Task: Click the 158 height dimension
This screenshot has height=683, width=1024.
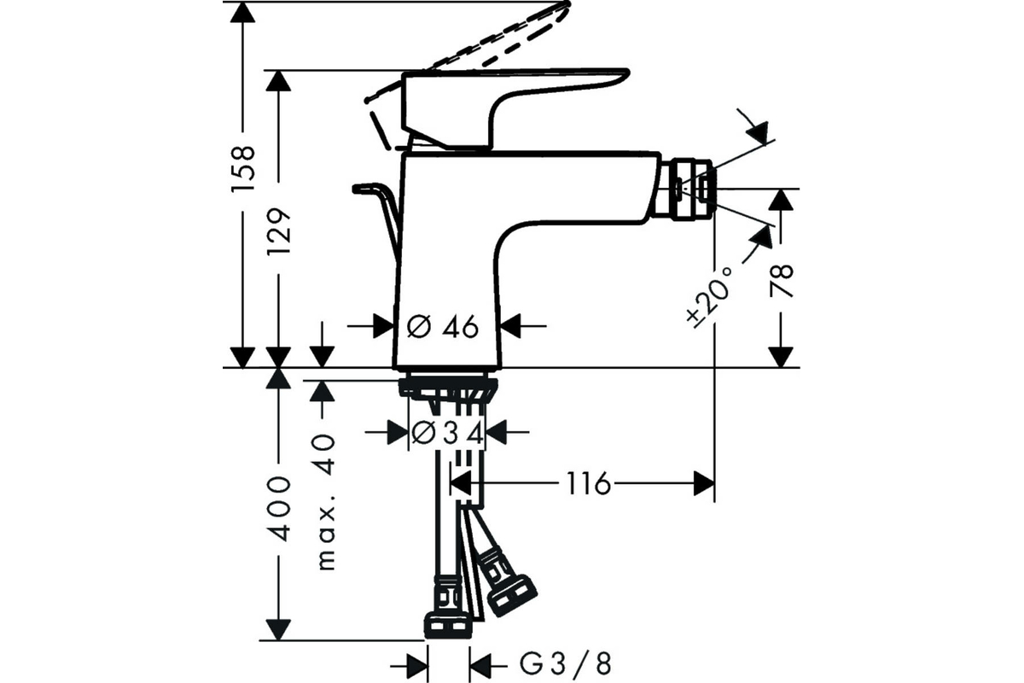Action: [243, 169]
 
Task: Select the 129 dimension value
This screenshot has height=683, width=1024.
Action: [279, 232]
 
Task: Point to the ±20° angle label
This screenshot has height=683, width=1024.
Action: [709, 297]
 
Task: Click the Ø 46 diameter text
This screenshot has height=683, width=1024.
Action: [443, 327]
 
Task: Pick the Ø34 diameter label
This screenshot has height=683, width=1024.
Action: [447, 433]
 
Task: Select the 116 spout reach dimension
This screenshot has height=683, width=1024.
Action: [588, 483]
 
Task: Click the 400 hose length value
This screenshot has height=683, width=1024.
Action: [279, 509]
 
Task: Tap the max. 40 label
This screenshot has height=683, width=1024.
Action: [326, 502]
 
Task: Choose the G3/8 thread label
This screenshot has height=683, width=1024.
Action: [566, 663]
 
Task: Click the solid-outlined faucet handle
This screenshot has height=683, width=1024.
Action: [515, 110]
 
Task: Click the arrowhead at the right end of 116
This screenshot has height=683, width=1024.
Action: [704, 483]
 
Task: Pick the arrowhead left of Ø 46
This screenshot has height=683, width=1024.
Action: [384, 326]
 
